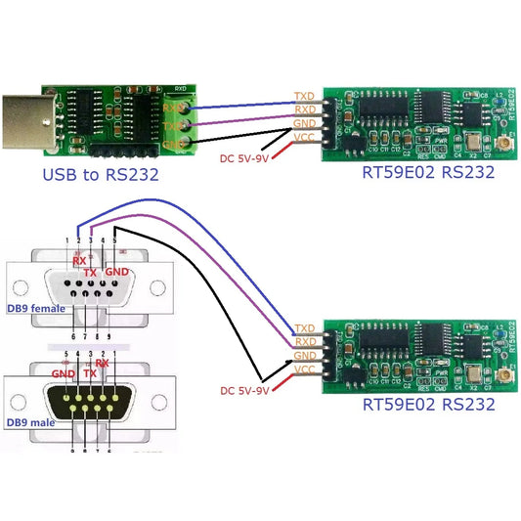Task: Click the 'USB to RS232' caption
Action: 101,176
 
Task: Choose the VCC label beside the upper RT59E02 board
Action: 305,138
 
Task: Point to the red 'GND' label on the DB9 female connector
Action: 117,270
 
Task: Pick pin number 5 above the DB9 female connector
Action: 116,239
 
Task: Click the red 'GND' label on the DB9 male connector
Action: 64,372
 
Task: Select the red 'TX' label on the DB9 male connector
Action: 90,373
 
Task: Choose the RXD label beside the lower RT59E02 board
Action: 305,342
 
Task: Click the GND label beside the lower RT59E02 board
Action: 305,356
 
